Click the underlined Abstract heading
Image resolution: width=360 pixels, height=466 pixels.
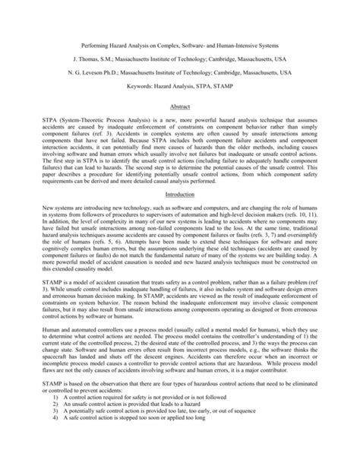(x=180, y=108)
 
